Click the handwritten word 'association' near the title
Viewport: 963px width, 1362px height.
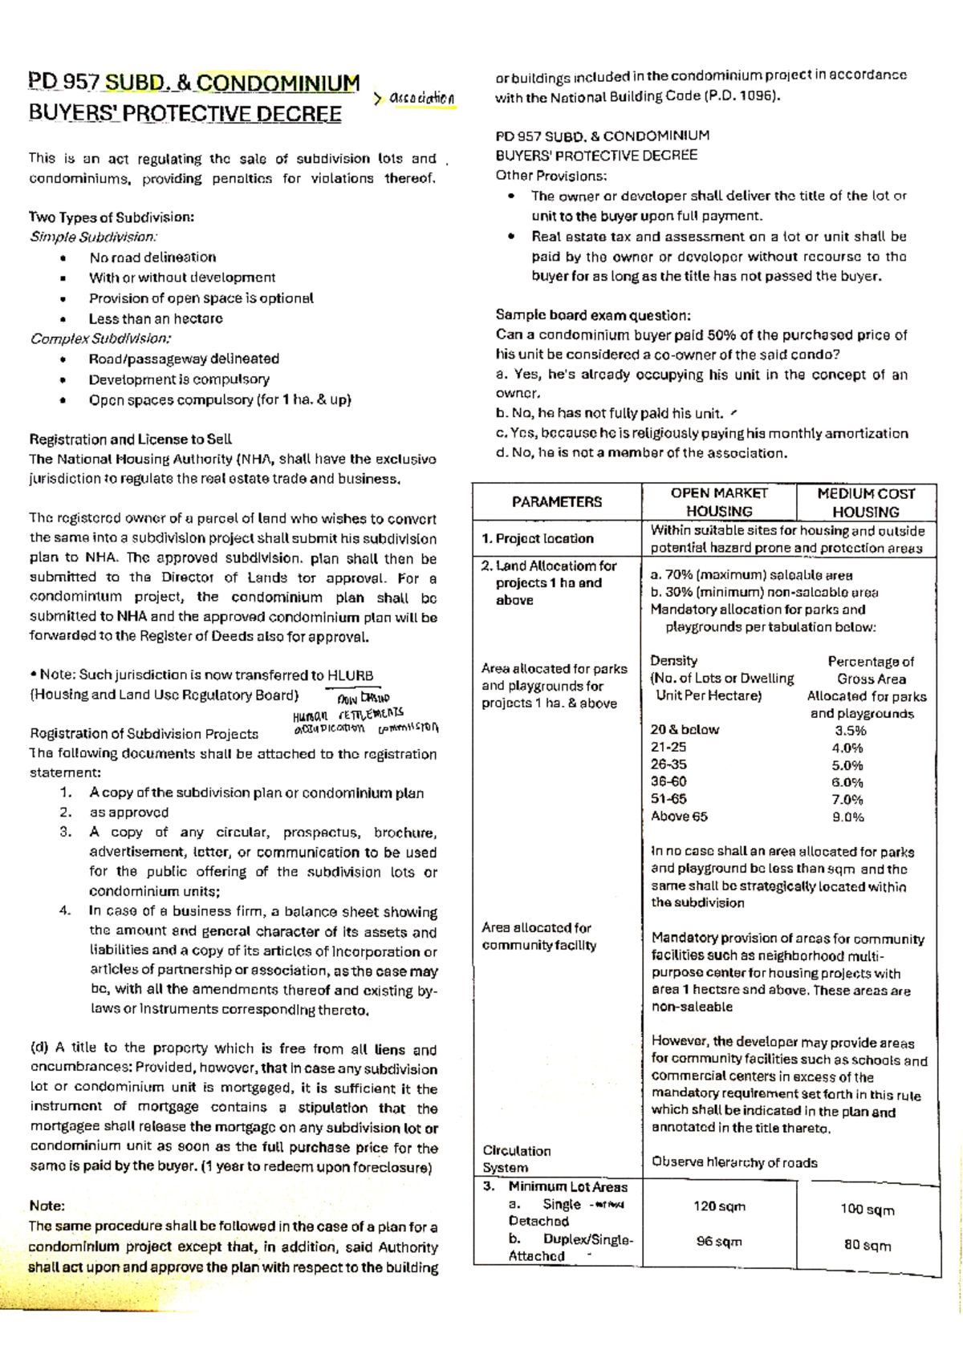click(x=421, y=98)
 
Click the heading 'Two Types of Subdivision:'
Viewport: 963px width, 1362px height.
click(x=112, y=217)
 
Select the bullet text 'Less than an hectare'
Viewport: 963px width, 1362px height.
click(x=156, y=318)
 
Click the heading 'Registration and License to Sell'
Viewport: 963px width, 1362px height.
click(x=130, y=439)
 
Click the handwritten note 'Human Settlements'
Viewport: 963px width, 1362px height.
click(x=348, y=714)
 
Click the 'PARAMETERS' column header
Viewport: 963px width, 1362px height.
click(x=557, y=502)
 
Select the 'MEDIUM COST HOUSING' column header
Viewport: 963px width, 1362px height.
click(x=865, y=502)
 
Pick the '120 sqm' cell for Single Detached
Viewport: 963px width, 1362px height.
click(x=719, y=1206)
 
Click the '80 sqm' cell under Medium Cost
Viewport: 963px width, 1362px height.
click(x=868, y=1246)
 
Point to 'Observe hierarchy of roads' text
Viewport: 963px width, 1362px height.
click(x=734, y=1162)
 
